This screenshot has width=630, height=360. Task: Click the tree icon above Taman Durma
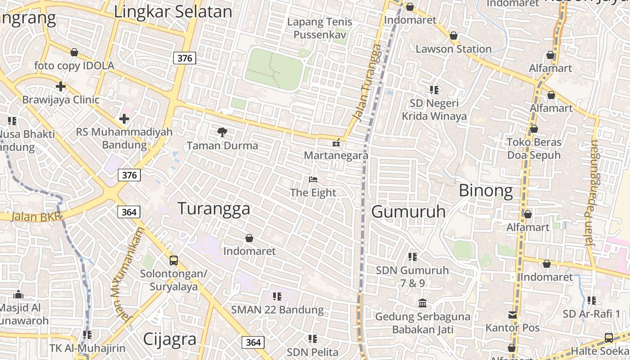click(222, 132)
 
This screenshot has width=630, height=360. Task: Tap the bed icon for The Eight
click(313, 180)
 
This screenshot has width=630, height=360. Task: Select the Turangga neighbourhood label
click(214, 209)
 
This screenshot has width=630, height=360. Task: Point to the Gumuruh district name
click(408, 211)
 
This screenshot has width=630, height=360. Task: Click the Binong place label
click(486, 191)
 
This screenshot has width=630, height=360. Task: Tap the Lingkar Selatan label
click(173, 12)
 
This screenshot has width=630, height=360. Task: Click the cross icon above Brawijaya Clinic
click(61, 86)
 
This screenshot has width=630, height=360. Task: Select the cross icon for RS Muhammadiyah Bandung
click(124, 119)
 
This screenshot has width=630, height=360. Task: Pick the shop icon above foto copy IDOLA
click(74, 53)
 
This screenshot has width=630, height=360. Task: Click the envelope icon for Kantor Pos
click(513, 315)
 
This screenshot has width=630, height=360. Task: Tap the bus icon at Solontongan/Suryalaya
click(173, 260)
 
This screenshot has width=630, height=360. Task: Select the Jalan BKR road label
click(36, 216)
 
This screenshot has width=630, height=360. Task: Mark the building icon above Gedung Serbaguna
click(423, 303)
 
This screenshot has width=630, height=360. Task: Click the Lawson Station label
click(453, 49)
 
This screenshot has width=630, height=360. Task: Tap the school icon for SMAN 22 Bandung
click(277, 297)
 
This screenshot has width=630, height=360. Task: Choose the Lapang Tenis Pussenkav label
click(319, 28)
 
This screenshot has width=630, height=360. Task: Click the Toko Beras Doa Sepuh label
click(534, 149)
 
